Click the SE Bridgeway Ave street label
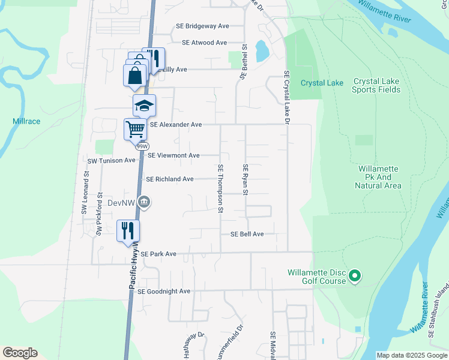tap(202, 26)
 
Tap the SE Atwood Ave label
tap(204, 43)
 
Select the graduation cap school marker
tap(144, 106)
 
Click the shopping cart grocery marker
tap(136, 128)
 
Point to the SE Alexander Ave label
tap(176, 125)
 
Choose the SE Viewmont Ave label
tap(173, 155)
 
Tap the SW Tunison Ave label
tap(112, 161)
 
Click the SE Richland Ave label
tap(170, 179)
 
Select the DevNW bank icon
tap(144, 203)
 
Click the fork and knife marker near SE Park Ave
tap(128, 230)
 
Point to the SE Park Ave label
tap(158, 254)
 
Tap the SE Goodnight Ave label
tap(164, 292)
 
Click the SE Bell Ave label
tap(243, 234)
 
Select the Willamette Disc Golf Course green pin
tap(355, 277)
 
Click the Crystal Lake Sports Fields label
tap(377, 86)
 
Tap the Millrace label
tap(26, 121)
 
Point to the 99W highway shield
tap(142, 146)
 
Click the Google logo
tap(20, 353)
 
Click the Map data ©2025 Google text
tap(411, 355)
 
